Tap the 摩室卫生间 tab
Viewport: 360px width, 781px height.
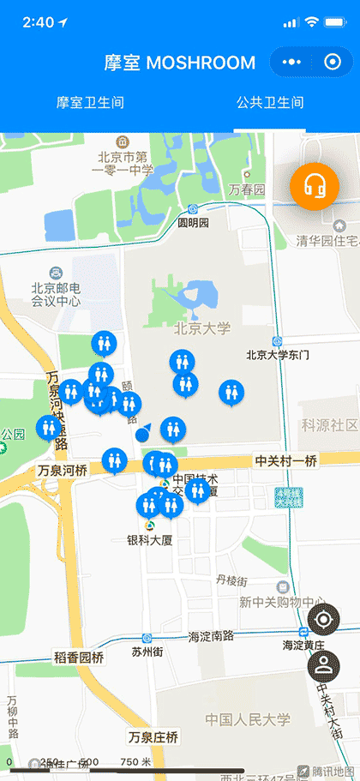point(90,103)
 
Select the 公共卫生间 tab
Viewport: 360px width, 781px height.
point(270,103)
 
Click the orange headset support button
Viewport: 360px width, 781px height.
point(315,184)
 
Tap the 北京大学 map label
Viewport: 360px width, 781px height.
point(202,328)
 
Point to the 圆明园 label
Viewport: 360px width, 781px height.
point(193,222)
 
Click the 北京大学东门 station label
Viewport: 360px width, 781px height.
point(277,354)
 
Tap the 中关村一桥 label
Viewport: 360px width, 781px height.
point(285,461)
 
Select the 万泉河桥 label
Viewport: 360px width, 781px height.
point(63,471)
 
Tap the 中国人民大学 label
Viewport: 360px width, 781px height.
point(248,719)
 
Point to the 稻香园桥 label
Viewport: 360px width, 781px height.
point(79,658)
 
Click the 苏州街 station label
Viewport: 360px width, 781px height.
point(147,651)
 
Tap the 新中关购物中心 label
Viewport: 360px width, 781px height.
point(272,602)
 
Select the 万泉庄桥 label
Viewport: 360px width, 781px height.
point(153,737)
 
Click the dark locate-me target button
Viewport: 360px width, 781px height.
point(323,620)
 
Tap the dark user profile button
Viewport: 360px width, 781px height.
point(323,666)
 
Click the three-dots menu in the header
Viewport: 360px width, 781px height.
point(292,63)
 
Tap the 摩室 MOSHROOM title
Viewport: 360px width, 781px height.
point(180,63)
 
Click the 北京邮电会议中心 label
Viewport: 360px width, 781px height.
point(56,295)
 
